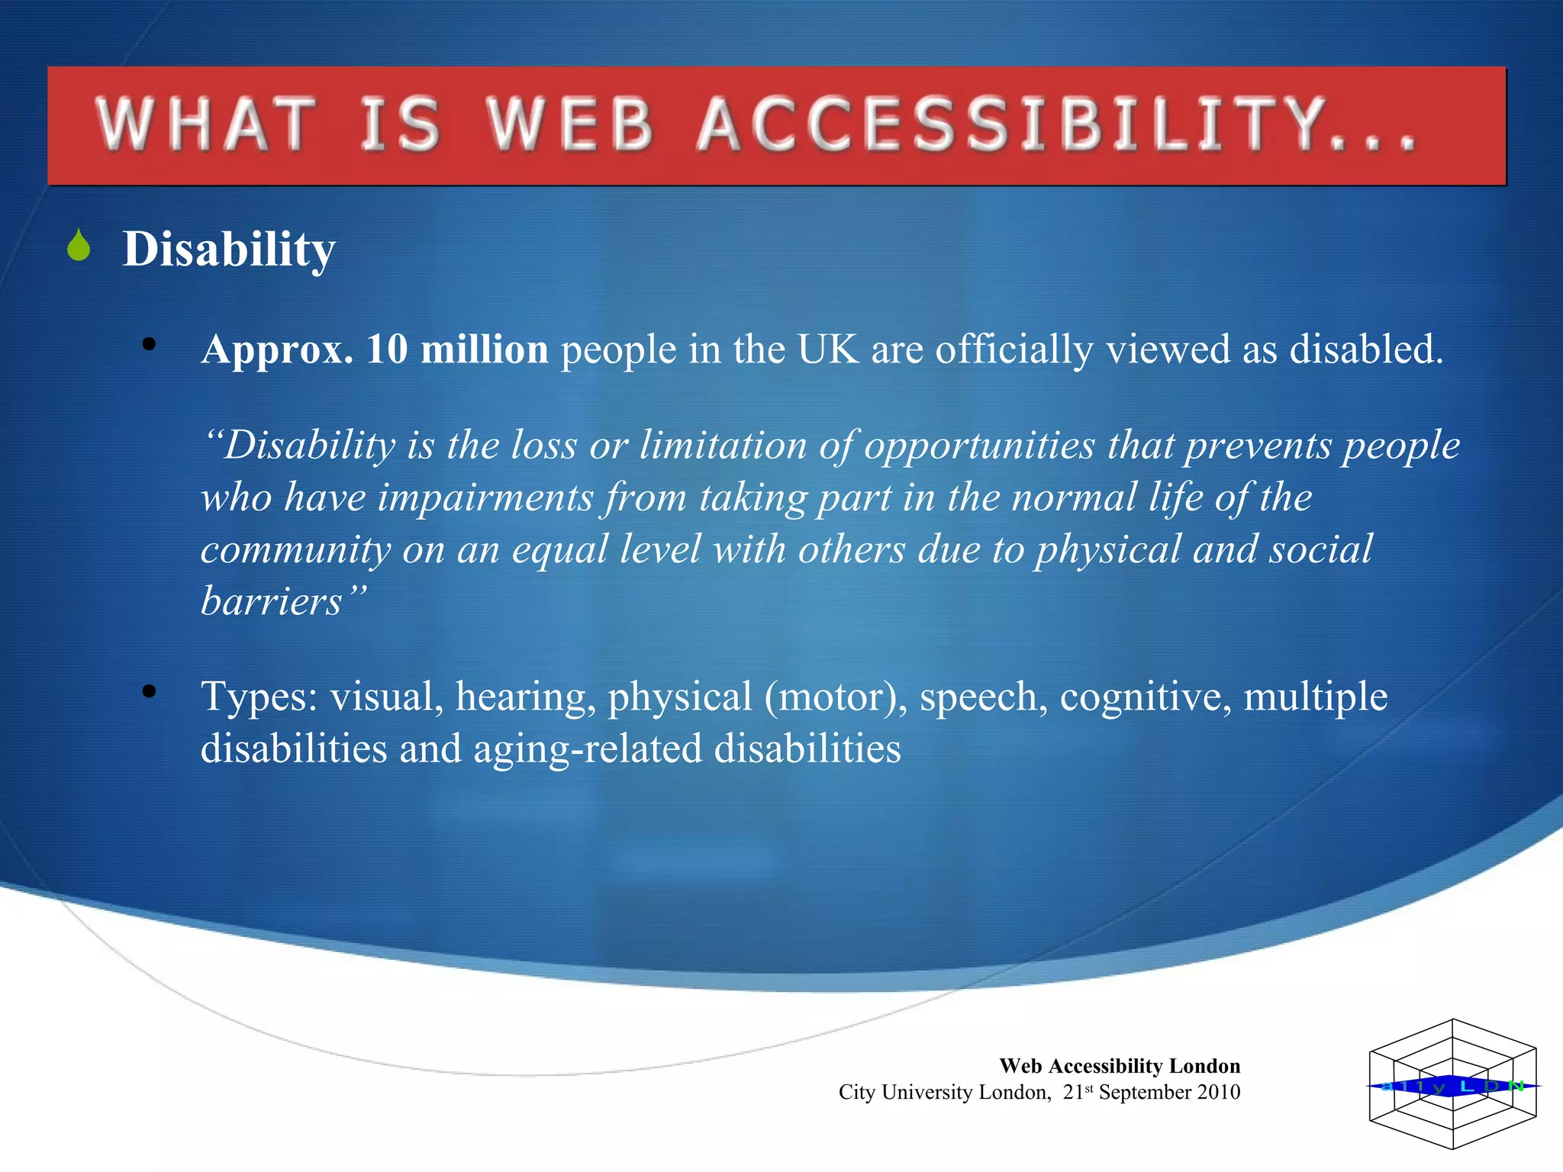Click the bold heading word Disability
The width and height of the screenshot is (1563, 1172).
point(228,249)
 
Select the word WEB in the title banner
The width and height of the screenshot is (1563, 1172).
point(571,124)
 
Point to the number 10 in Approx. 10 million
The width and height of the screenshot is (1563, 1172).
point(387,349)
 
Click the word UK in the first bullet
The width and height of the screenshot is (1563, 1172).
point(828,349)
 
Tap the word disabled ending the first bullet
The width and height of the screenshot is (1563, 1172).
point(1365,349)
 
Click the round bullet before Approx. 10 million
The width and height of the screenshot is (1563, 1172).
point(149,344)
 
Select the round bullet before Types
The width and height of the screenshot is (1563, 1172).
point(149,691)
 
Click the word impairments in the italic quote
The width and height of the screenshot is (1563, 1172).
point(485,497)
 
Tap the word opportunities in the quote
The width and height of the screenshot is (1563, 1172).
point(979,446)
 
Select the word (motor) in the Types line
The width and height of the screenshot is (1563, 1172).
point(836,697)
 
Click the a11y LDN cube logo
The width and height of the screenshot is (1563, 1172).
point(1452,1084)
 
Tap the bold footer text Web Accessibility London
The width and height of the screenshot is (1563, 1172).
point(1120,1066)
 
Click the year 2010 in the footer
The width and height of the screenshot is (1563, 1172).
point(1218,1093)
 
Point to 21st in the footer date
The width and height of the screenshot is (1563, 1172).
point(1078,1093)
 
